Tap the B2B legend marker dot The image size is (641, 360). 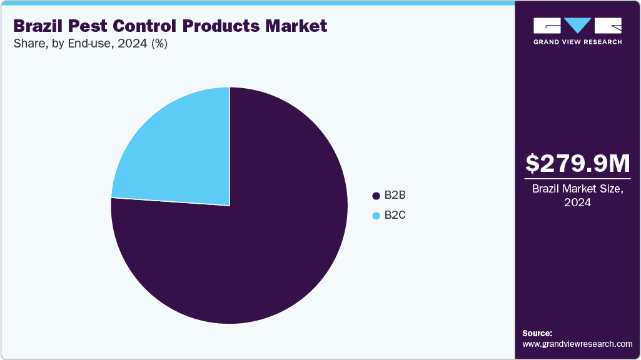[376, 196]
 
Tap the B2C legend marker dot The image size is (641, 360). [376, 216]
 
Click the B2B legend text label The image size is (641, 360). [395, 196]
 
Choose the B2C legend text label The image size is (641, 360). [395, 216]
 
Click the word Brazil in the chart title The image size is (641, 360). [39, 26]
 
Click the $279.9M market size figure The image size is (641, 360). [577, 163]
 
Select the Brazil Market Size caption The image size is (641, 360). [577, 189]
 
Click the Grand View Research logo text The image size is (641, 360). [577, 42]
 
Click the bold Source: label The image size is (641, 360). [537, 333]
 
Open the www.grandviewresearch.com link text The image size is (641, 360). [577, 344]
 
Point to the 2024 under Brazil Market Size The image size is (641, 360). [577, 202]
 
